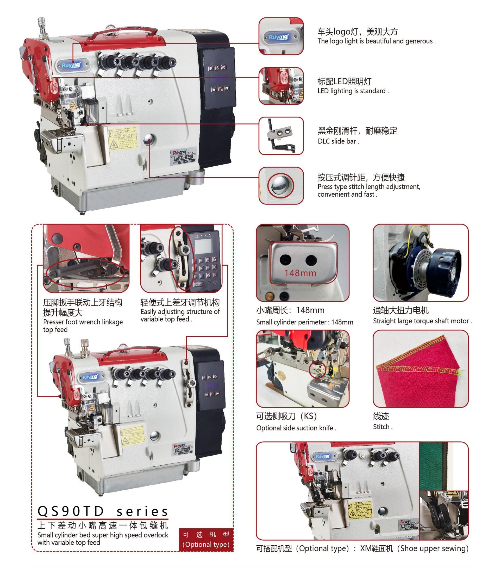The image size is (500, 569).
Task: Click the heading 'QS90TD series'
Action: [x=103, y=511]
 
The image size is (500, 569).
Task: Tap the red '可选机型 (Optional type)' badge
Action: [x=206, y=540]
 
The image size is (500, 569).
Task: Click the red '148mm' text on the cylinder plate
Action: [x=300, y=273]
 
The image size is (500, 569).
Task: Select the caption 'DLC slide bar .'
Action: [x=338, y=141]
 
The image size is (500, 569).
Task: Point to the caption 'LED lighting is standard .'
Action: [x=353, y=91]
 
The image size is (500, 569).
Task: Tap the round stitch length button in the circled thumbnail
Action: [x=281, y=185]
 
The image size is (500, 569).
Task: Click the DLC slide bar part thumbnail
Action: [x=281, y=136]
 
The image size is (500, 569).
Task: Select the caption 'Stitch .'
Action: [x=383, y=427]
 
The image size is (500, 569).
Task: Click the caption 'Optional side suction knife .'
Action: [x=296, y=428]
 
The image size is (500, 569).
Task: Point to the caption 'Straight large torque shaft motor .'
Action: [x=422, y=321]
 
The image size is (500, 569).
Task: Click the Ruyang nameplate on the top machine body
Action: [x=183, y=157]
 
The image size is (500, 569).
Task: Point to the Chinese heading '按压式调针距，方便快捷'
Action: [x=361, y=177]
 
